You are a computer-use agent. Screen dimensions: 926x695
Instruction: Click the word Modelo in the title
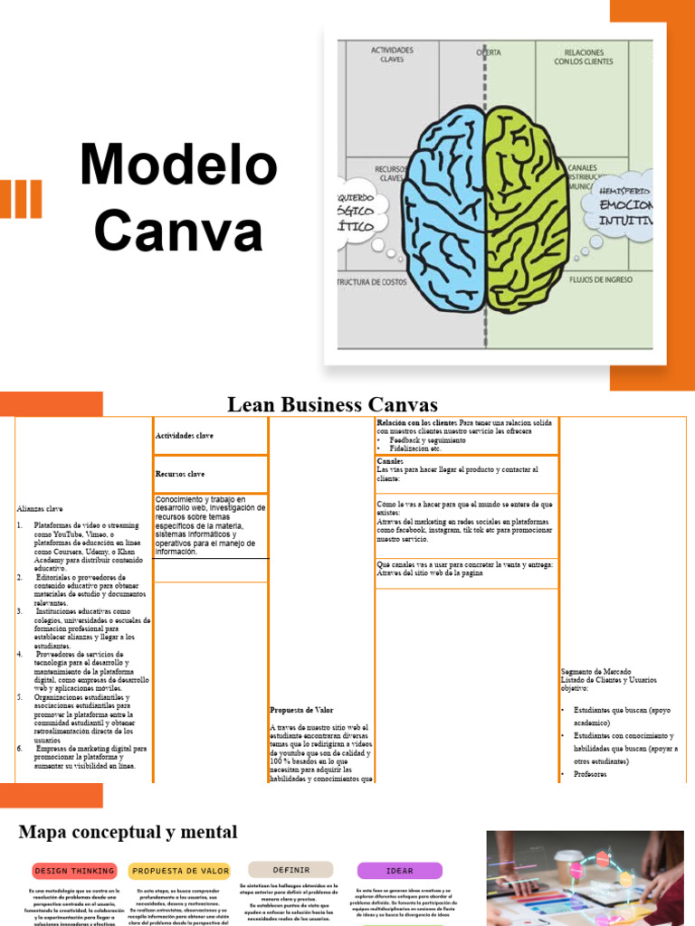tap(178, 165)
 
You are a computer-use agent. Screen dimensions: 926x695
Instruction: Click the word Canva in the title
tap(178, 231)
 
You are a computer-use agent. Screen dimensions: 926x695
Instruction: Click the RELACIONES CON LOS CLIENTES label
tap(583, 57)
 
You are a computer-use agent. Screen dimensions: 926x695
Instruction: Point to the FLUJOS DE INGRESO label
tap(600, 280)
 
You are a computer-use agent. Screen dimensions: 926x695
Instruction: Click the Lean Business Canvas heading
tap(332, 404)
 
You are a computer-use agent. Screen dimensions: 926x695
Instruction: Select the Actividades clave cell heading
tap(185, 436)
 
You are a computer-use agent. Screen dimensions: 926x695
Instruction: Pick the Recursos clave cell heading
tap(180, 474)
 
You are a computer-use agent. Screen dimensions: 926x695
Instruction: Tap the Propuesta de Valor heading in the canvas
tap(300, 710)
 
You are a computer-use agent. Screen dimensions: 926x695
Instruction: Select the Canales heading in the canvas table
tap(390, 461)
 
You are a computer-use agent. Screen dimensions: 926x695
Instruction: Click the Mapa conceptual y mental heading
tap(128, 832)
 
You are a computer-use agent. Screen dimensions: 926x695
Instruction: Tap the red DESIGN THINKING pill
tap(74, 871)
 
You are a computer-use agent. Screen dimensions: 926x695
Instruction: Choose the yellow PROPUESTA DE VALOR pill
tap(181, 871)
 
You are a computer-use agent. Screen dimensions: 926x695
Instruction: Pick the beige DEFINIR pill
tap(290, 869)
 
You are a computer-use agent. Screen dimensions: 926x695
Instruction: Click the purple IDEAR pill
tap(399, 871)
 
